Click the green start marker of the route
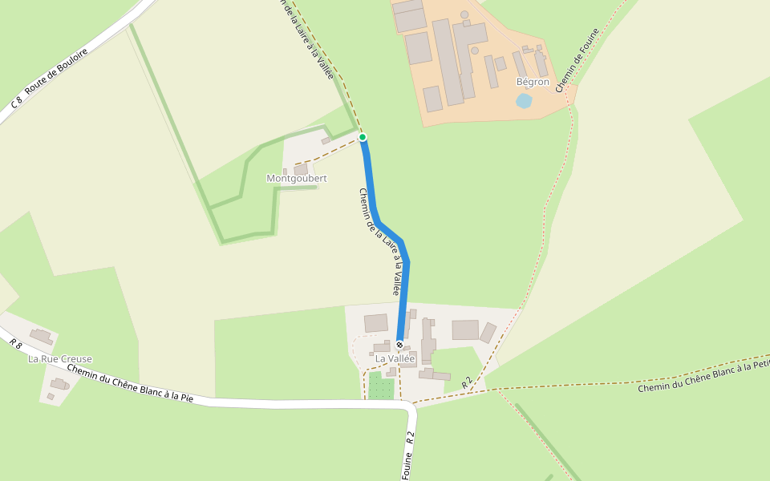(x=363, y=137)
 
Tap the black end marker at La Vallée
(x=399, y=345)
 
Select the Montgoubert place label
(x=297, y=178)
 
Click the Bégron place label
(x=533, y=82)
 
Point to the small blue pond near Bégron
(x=524, y=101)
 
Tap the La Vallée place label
(x=395, y=358)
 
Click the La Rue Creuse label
(x=60, y=358)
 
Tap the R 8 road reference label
(x=15, y=343)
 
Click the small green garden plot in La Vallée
(x=381, y=387)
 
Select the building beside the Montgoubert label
(x=301, y=169)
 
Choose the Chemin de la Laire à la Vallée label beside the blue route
(x=379, y=241)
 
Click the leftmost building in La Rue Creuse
(x=41, y=336)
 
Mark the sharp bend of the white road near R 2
(x=411, y=408)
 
